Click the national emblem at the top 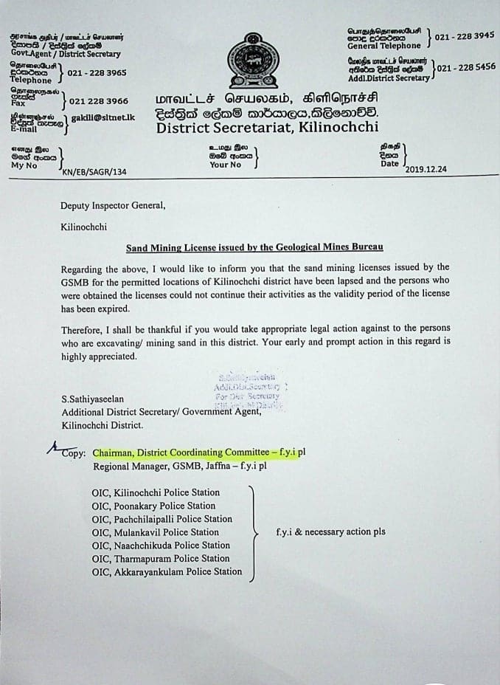pos(252,61)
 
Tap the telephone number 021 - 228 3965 pos(97,73)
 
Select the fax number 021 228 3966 pos(97,101)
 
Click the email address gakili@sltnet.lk pos(103,118)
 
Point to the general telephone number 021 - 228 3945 pos(464,35)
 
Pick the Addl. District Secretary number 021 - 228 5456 pos(466,67)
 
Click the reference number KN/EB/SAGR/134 pos(94,171)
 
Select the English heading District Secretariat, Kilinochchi pos(268,128)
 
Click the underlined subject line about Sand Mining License pos(254,247)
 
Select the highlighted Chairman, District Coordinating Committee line pos(195,453)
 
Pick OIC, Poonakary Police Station pos(153,506)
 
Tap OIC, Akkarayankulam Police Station pos(167,571)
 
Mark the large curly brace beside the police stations pos(254,532)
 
